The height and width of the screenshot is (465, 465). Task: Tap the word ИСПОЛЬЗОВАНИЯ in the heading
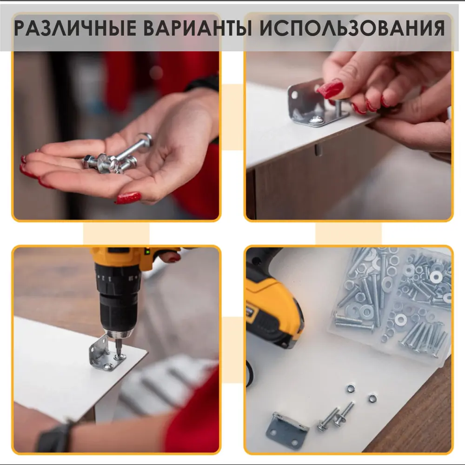pyautogui.click(x=351, y=29)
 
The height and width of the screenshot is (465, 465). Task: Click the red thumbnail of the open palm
pyautogui.click(x=128, y=198)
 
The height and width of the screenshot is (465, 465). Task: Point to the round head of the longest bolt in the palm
pyautogui.click(x=145, y=140)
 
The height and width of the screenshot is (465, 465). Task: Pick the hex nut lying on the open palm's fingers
pyautogui.click(x=91, y=162)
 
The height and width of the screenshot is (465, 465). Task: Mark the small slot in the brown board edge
pyautogui.click(x=317, y=150)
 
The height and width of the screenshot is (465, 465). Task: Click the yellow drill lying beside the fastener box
pyautogui.click(x=272, y=302)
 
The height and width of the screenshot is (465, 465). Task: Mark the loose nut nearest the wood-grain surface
pyautogui.click(x=372, y=398)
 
